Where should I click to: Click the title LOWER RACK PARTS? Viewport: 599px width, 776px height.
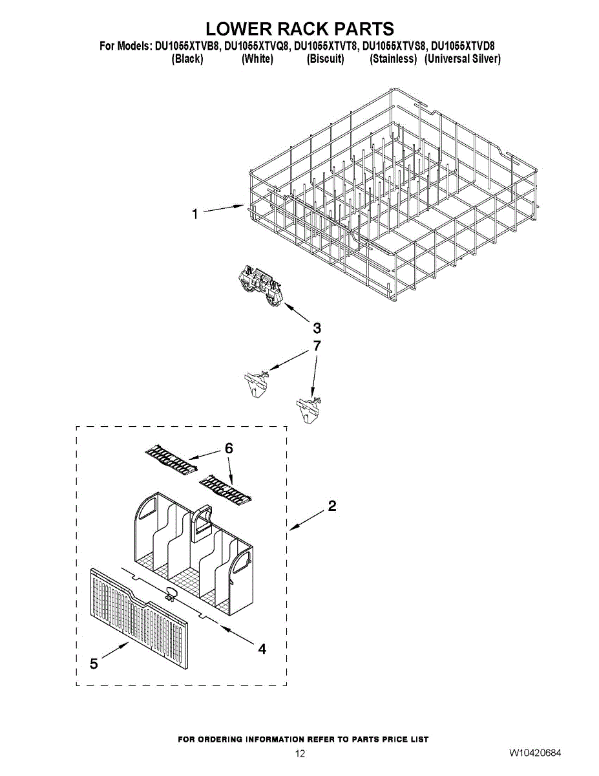299,29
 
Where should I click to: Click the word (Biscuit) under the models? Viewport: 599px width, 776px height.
325,59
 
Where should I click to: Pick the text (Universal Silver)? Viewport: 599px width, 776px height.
462,59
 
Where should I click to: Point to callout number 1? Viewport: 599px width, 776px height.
195,214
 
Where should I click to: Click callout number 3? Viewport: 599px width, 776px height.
317,327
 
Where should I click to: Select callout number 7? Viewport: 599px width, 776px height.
317,346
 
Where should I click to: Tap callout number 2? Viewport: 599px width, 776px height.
331,506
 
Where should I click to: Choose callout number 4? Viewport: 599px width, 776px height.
262,649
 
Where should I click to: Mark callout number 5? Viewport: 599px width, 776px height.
94,664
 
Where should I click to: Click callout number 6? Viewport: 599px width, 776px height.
229,448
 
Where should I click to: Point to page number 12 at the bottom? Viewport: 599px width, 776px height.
300,753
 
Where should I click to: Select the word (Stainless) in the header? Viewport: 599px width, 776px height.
393,59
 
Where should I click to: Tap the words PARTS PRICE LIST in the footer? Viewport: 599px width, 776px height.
391,739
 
